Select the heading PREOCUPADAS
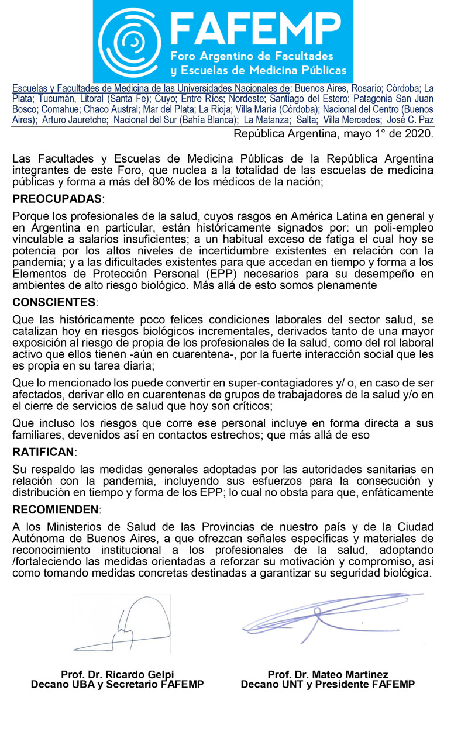pos(57,199)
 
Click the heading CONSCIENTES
pos(55,302)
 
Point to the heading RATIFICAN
pos(44,452)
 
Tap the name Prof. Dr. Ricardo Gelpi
pos(117,674)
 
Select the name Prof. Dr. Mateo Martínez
pos(328,674)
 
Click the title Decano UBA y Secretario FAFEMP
pos(117,684)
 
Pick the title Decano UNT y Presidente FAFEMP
pos(328,684)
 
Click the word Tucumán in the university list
pos(55,99)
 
